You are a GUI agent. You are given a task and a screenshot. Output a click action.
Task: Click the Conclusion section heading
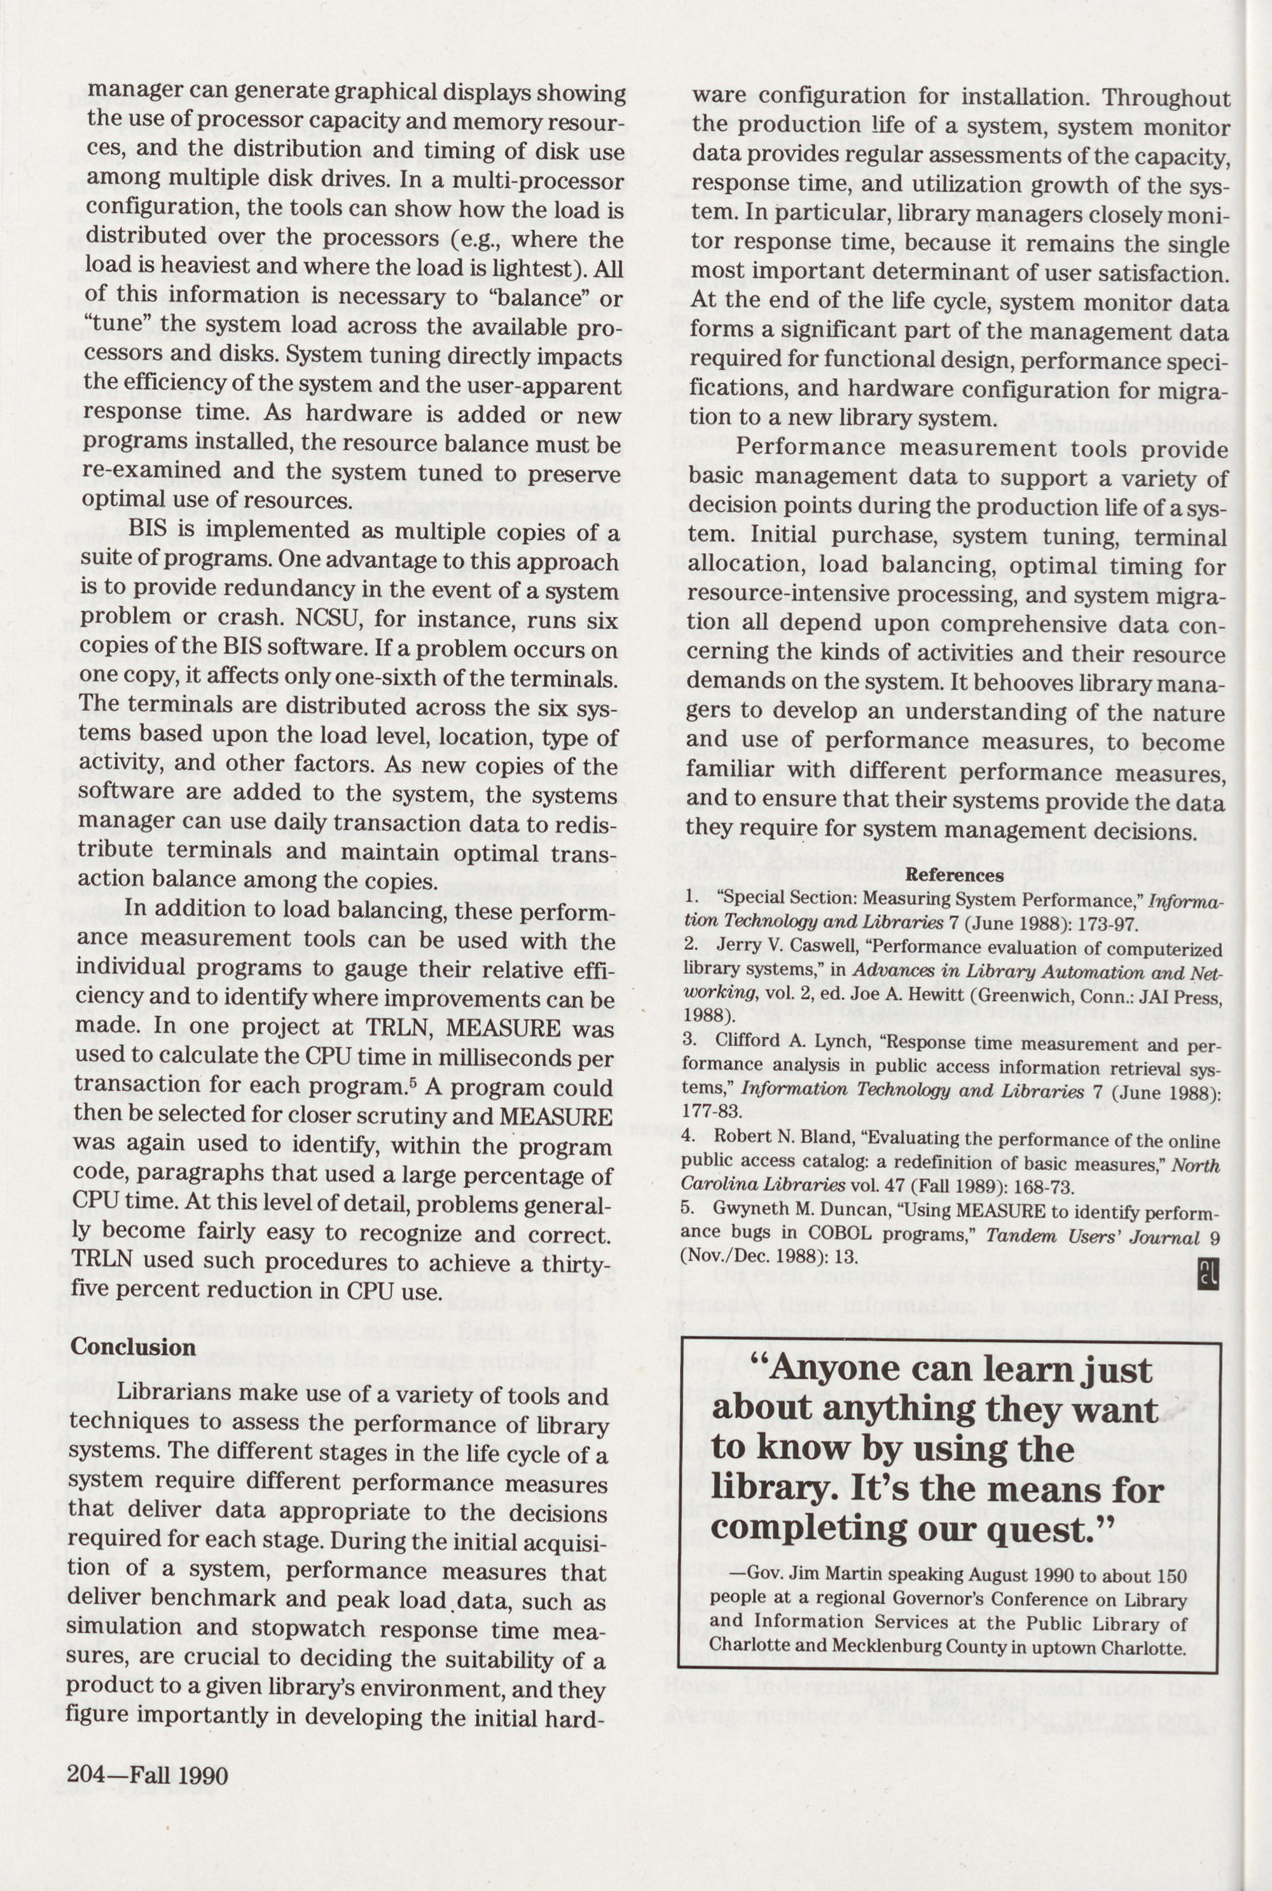point(133,1346)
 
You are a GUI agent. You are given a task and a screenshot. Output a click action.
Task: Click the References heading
point(954,875)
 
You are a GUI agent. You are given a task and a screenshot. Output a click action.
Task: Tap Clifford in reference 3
point(746,1041)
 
